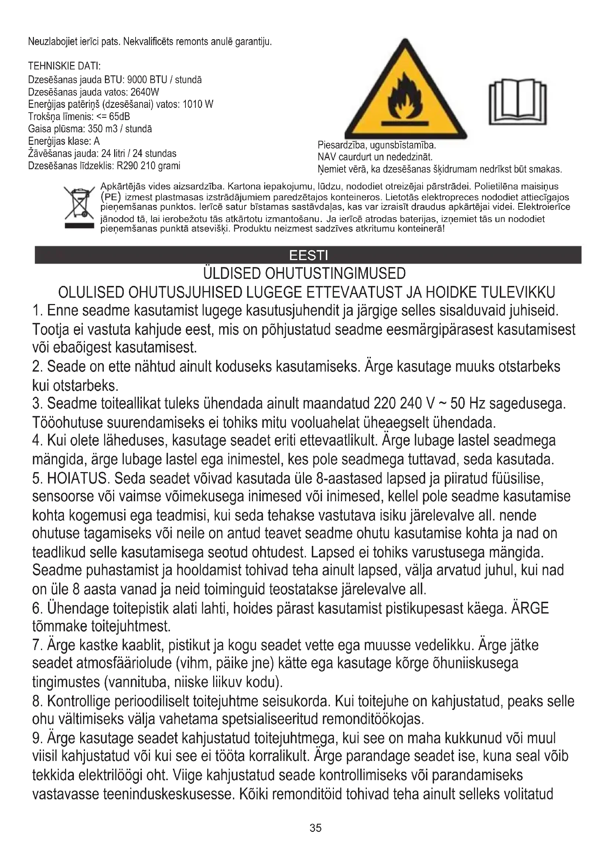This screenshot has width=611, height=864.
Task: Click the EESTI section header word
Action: [308, 256]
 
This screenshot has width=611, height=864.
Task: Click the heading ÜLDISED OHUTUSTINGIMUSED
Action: [304, 274]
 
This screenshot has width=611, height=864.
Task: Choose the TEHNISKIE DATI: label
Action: [64, 66]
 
